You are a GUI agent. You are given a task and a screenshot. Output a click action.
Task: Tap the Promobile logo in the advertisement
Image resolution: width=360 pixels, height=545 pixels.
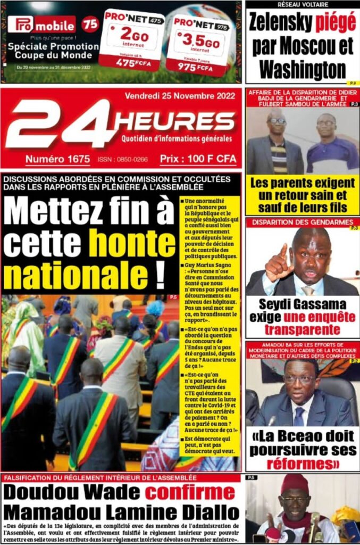[x=41, y=24]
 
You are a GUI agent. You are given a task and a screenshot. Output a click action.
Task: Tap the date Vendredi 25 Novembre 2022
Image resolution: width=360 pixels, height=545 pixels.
[x=179, y=97]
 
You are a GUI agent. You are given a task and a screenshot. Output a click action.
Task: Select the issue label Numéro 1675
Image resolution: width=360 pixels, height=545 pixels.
[x=57, y=159]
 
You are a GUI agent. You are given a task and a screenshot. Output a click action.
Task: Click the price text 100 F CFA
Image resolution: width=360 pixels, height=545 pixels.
[x=197, y=159]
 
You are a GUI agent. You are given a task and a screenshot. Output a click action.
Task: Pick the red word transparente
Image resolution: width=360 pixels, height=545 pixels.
[x=302, y=329]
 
